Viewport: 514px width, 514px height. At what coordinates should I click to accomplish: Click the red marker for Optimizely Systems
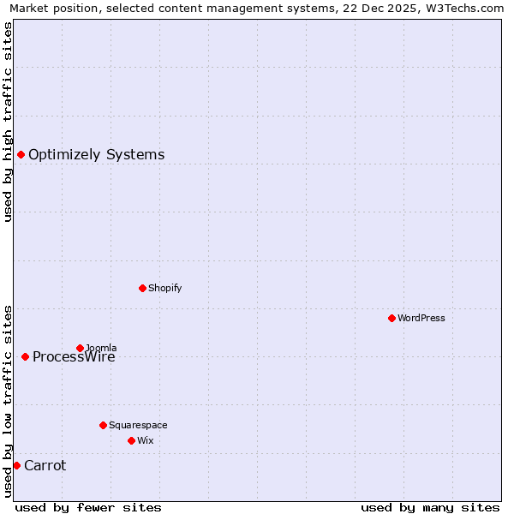[x=21, y=154]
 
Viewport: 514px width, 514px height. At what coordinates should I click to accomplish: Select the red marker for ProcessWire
[x=25, y=356]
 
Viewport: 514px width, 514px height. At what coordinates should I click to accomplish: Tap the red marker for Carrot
[x=16, y=465]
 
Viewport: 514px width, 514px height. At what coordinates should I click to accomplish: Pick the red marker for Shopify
[x=142, y=288]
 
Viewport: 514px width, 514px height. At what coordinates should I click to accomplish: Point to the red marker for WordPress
[x=391, y=318]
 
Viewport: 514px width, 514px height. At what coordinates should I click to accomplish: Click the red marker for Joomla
[x=80, y=348]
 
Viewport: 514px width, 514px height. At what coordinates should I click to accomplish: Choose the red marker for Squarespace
[x=103, y=425]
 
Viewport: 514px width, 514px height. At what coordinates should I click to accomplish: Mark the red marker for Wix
[x=131, y=440]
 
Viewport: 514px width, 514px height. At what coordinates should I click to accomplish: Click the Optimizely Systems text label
[x=97, y=155]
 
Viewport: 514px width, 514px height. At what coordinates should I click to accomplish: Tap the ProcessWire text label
[x=74, y=357]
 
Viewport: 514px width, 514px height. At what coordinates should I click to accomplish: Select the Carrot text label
[x=45, y=466]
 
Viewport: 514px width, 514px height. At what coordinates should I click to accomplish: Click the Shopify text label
[x=165, y=289]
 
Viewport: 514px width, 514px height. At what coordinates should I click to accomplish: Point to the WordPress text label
[x=421, y=319]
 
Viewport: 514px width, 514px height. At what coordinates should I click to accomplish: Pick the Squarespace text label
[x=138, y=426]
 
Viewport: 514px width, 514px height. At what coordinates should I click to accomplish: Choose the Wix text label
[x=146, y=441]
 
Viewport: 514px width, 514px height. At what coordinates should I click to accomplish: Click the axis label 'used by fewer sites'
[x=88, y=507]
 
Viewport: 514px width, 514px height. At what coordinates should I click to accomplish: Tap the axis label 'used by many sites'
[x=430, y=507]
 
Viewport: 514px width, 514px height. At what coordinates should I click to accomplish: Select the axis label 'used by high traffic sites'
[x=8, y=122]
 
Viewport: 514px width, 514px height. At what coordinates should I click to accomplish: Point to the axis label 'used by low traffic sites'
[x=8, y=401]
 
